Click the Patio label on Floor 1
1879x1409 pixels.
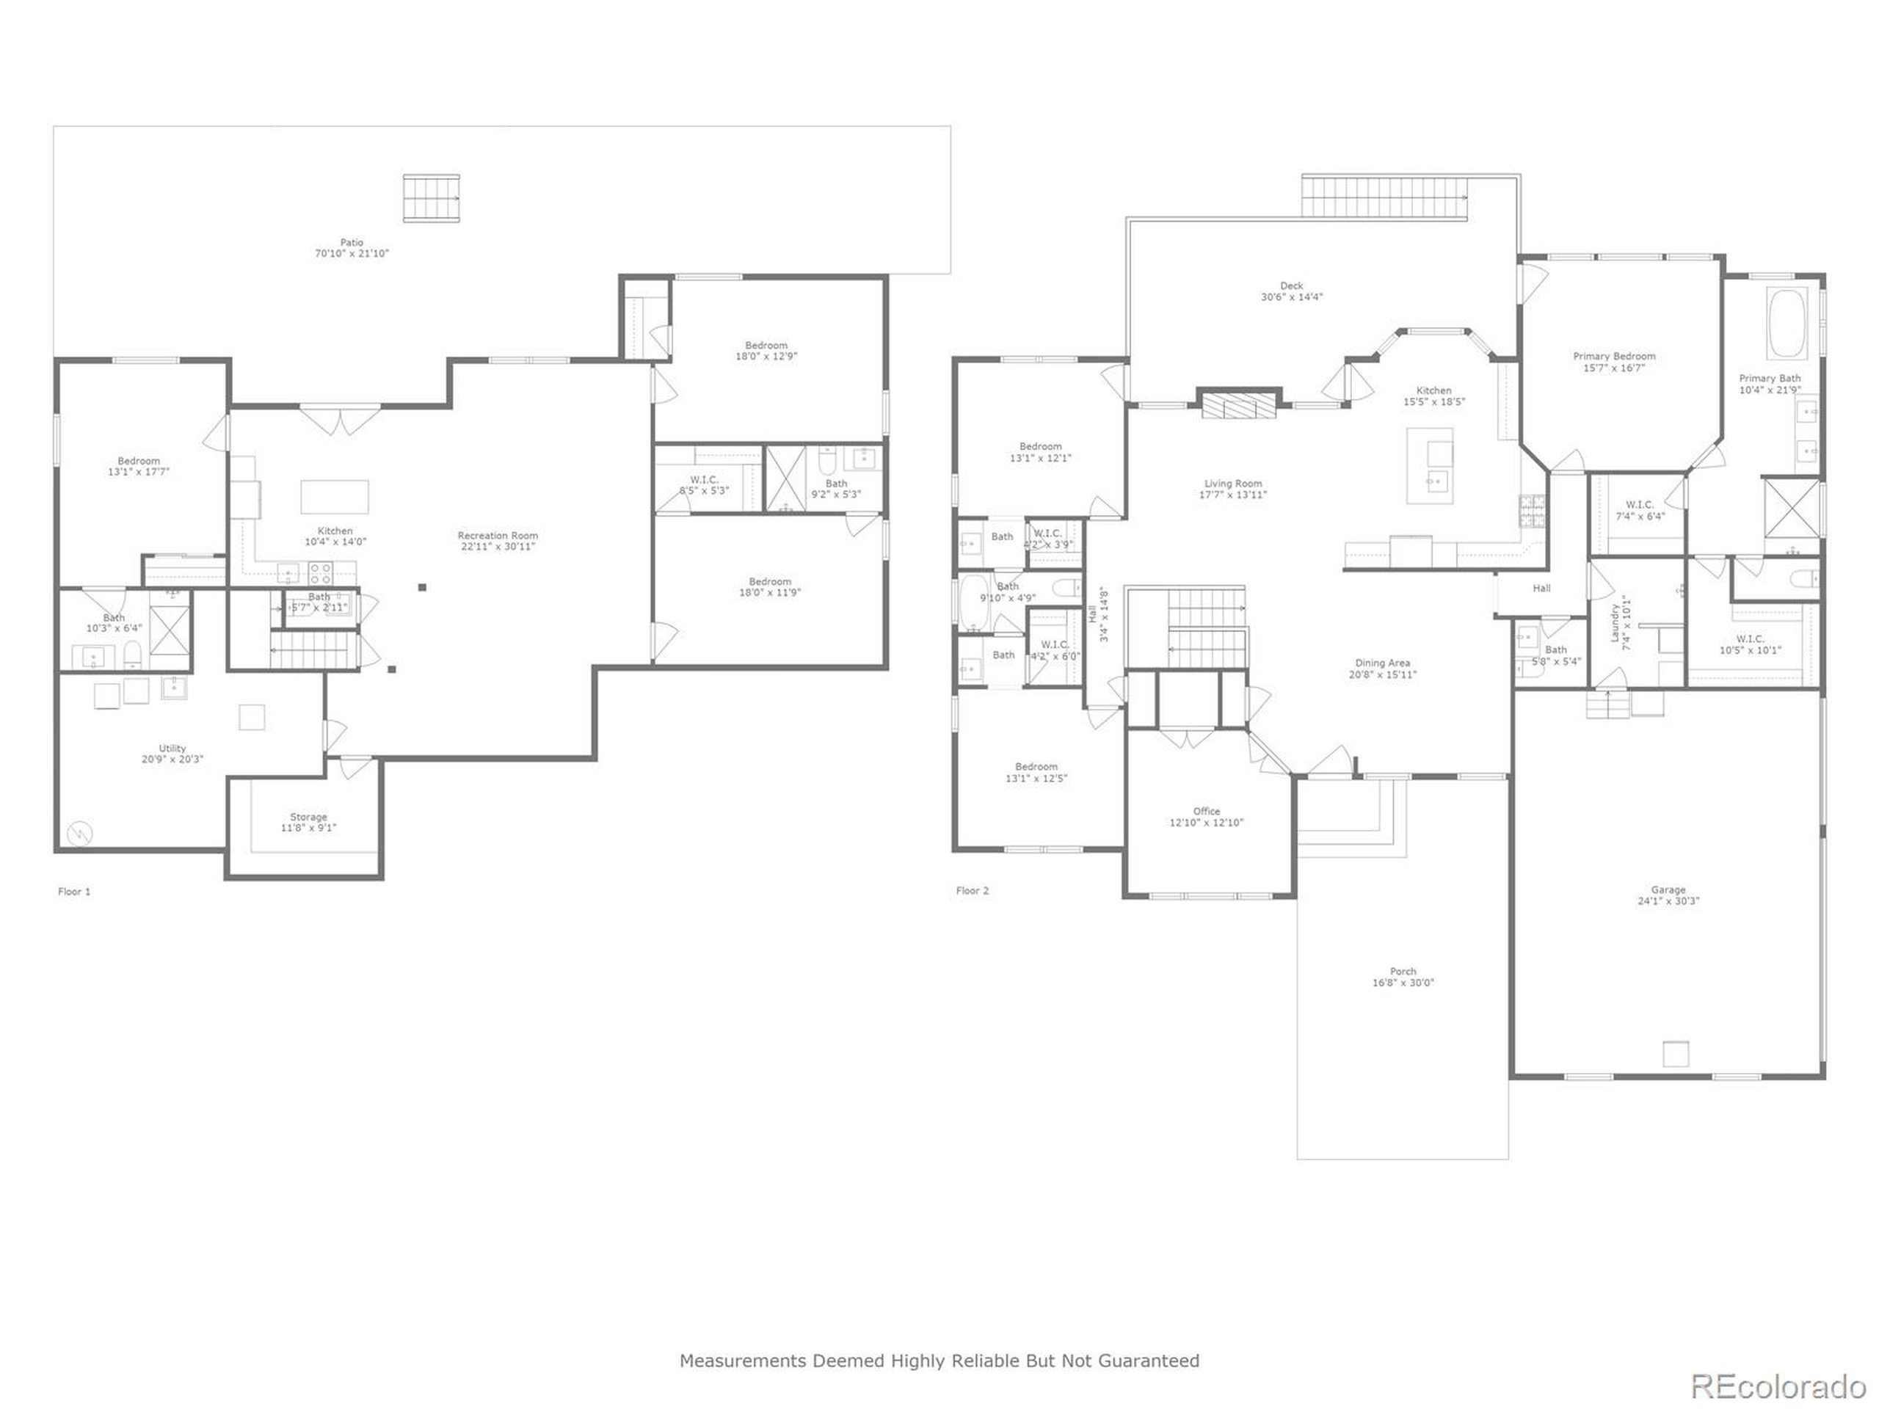tap(352, 242)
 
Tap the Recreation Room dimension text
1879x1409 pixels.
tap(498, 547)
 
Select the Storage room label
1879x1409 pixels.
tap(308, 817)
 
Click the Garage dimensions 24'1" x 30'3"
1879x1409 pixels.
tap(1668, 901)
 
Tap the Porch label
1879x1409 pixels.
tap(1403, 971)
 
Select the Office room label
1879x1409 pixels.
tap(1206, 811)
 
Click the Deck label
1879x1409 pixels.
tap(1291, 285)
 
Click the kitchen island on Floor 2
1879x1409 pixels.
tap(1430, 465)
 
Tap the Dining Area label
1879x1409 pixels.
tap(1382, 663)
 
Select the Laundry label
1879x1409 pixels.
tap(1615, 622)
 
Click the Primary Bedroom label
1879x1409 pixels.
tap(1614, 356)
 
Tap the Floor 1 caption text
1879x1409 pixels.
tap(74, 891)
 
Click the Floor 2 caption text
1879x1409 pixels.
tap(972, 890)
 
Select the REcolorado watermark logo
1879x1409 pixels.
tap(1778, 1386)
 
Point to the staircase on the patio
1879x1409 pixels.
tap(432, 198)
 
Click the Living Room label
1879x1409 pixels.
tap(1232, 484)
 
